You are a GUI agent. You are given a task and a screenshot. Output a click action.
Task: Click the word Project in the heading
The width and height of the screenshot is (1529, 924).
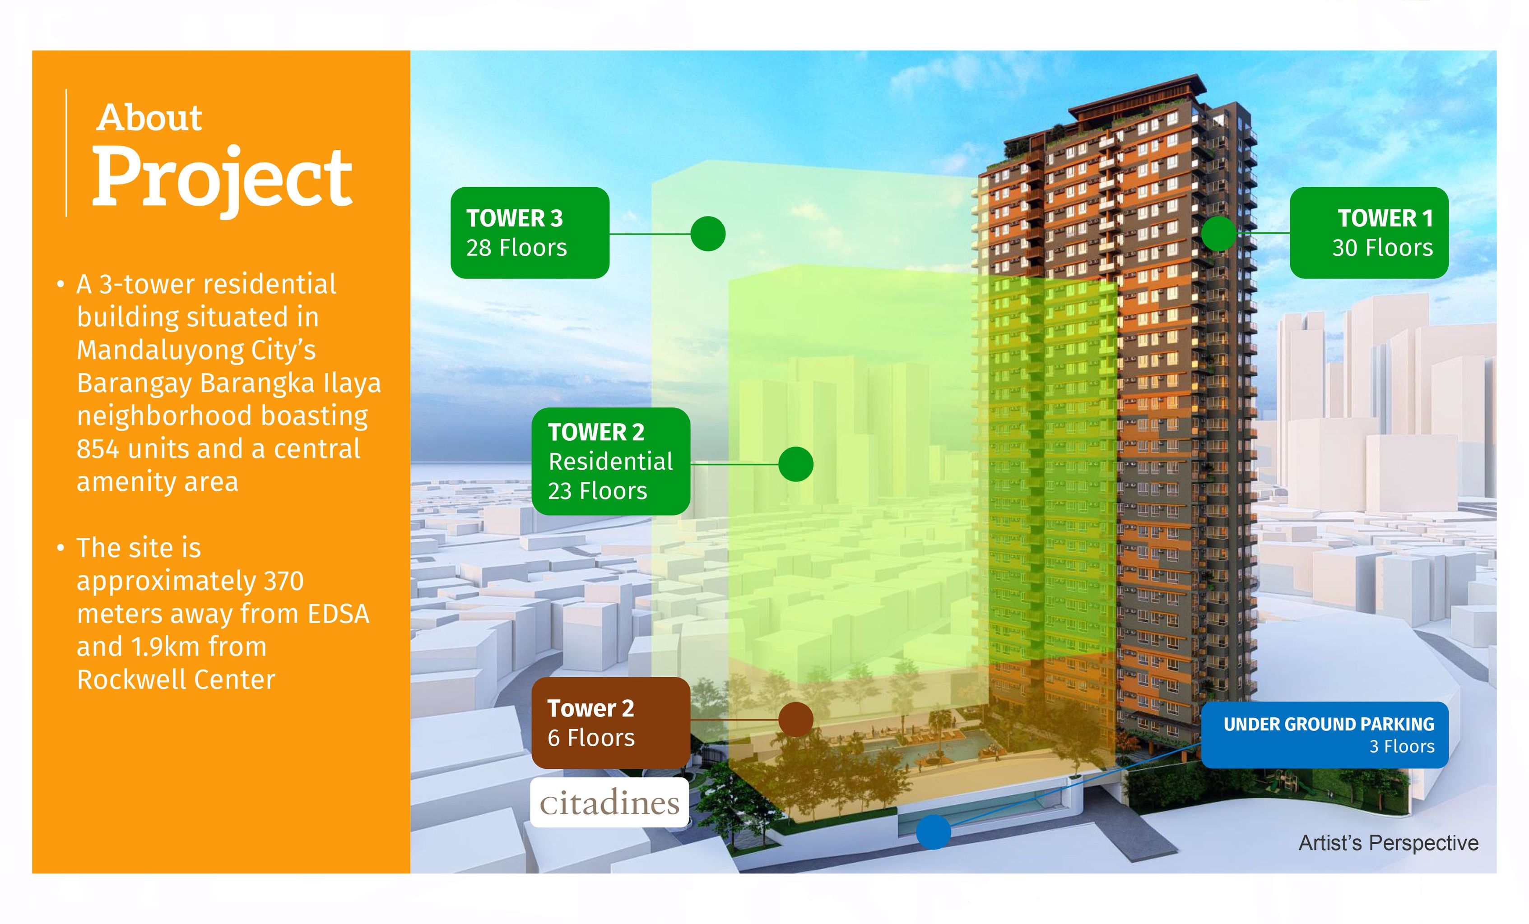[222, 179]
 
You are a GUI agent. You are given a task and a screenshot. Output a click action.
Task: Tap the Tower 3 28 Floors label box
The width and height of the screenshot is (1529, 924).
[530, 232]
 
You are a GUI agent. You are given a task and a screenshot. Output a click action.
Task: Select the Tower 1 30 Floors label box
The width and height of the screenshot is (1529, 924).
[1369, 232]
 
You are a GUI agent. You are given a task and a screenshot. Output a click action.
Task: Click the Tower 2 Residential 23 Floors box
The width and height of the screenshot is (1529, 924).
[611, 462]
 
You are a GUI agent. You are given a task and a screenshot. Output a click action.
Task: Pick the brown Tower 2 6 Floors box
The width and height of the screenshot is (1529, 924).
[611, 723]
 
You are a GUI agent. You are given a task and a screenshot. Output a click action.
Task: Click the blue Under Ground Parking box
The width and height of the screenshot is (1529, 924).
[1325, 735]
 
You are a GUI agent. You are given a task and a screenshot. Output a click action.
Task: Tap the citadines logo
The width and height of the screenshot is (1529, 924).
[609, 803]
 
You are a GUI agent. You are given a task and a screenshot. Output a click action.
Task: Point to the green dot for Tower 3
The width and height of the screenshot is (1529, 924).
[708, 234]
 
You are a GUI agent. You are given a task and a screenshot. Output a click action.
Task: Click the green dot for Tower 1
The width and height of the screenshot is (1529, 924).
[1219, 234]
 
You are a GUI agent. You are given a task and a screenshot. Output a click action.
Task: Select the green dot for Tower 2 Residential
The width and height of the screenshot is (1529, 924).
[795, 464]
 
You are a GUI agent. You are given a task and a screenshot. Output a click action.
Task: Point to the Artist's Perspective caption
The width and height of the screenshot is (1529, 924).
[1388, 843]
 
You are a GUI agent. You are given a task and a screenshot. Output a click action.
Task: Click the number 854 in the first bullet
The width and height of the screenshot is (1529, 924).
[98, 448]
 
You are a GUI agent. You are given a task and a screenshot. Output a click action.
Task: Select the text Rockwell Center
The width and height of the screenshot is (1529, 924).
[176, 679]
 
